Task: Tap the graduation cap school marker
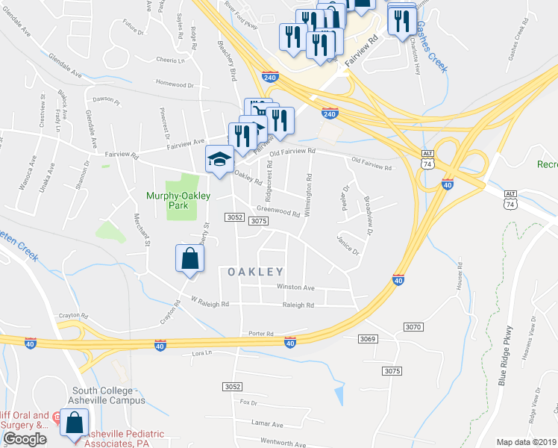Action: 219,160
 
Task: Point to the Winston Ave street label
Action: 295,287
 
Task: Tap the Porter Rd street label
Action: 262,334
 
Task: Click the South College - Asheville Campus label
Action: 108,395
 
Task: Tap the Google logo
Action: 25,439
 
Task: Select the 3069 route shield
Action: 367,340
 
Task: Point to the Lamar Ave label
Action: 268,423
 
